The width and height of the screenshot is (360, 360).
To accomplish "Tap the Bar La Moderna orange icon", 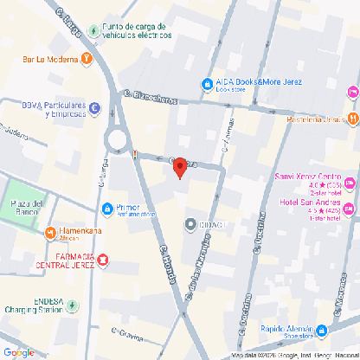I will coord(87,59).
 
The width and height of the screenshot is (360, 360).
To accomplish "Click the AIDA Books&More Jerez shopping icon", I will coord(207,84).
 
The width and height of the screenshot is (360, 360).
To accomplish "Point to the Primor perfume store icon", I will coord(106,209).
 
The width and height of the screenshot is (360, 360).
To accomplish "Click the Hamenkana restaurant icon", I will coord(51,233).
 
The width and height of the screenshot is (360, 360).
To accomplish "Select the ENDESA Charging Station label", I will coord(36,305).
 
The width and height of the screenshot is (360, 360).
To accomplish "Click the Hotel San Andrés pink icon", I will coord(350,209).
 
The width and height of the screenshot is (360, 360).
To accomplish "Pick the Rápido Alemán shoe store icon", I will coord(321,330).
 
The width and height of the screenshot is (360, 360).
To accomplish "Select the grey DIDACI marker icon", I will coord(190,224).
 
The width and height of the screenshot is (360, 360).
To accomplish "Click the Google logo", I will coord(19,352).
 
